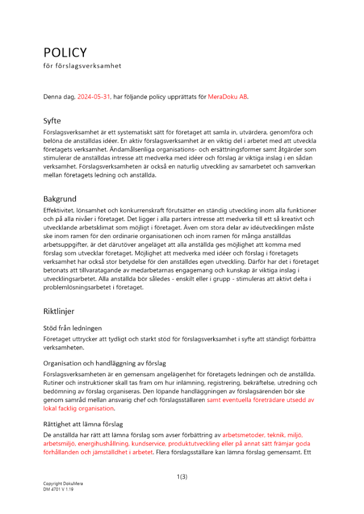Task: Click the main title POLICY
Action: pyautogui.click(x=65, y=52)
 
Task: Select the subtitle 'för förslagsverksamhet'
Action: pyautogui.click(x=82, y=66)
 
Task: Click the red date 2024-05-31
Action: pyautogui.click(x=94, y=96)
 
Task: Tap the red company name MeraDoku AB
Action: pyautogui.click(x=228, y=96)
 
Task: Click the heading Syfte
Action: pyautogui.click(x=52, y=121)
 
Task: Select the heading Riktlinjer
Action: pyautogui.click(x=59, y=311)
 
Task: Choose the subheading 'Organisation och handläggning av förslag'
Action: pyautogui.click(x=104, y=363)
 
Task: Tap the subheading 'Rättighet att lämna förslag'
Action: pyautogui.click(x=83, y=424)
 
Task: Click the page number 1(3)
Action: pyautogui.click(x=182, y=476)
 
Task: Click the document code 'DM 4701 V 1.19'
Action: pyautogui.click(x=59, y=490)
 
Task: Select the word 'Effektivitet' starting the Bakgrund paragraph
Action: pyautogui.click(x=59, y=211)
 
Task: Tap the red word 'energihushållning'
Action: pyautogui.click(x=106, y=443)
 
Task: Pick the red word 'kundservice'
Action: pyautogui.click(x=150, y=443)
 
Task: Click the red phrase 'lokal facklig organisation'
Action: pyautogui.click(x=78, y=408)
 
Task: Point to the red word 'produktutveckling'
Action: pyautogui.click(x=196, y=443)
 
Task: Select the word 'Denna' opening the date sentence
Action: pyautogui.click(x=53, y=96)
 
